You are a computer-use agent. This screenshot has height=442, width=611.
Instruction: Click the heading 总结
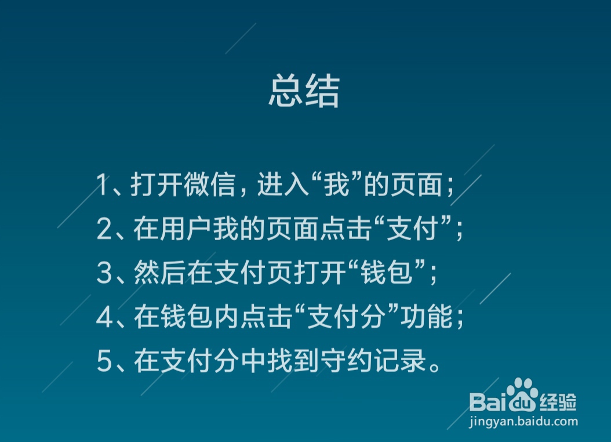tap(304, 91)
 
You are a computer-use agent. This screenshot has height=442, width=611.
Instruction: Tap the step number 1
tap(103, 186)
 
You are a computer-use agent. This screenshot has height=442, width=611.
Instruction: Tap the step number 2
tap(104, 230)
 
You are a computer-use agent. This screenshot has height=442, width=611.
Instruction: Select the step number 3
tap(104, 274)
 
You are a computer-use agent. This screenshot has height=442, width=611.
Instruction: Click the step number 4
tap(104, 318)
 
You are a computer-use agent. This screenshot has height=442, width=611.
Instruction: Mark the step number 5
tap(104, 363)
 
